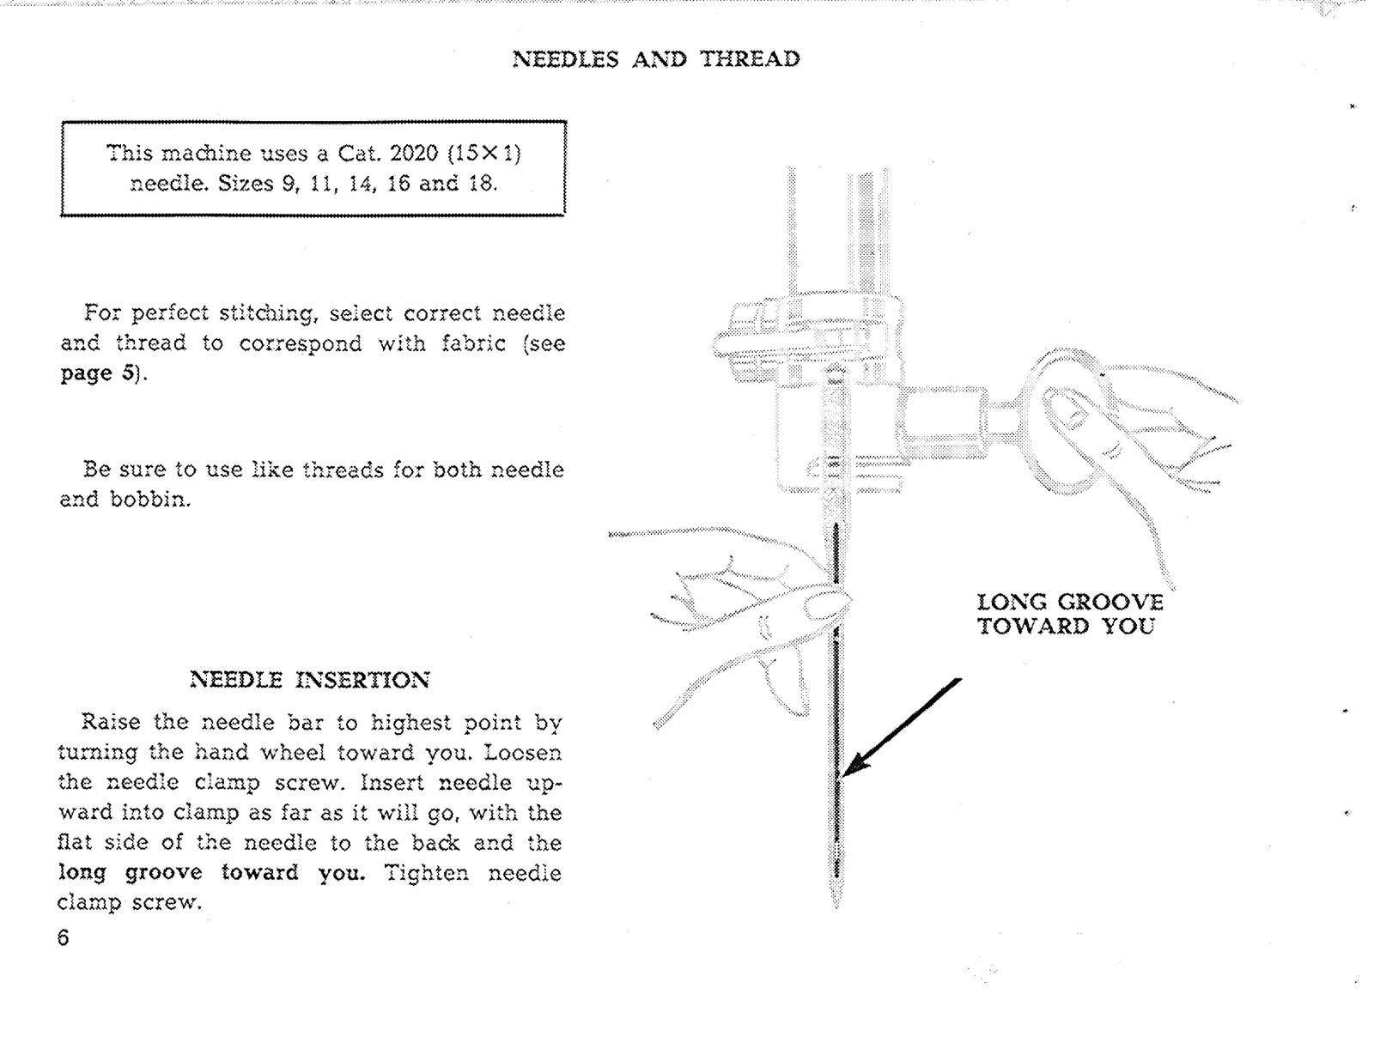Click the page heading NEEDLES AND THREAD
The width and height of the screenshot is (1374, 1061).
click(656, 59)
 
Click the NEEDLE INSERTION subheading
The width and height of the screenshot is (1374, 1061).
click(309, 681)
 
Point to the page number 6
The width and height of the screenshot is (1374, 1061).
click(63, 937)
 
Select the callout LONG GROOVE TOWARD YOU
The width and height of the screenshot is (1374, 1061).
click(1069, 614)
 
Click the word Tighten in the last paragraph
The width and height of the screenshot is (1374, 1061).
click(427, 873)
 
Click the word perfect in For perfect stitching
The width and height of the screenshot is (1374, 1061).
click(169, 313)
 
